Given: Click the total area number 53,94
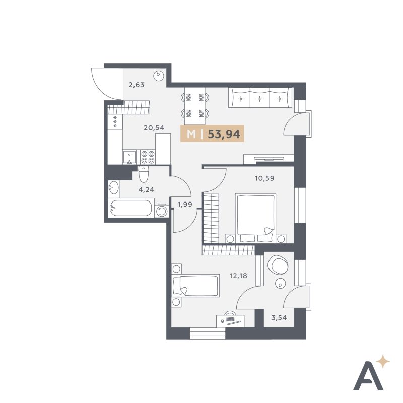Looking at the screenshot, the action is click(x=224, y=134).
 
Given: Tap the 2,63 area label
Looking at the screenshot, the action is click(x=136, y=85).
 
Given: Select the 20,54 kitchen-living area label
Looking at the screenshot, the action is click(x=154, y=128).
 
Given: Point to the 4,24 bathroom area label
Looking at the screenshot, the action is click(x=146, y=190).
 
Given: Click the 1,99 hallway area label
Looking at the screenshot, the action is click(x=185, y=205).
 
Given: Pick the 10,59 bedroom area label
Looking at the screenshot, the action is click(x=264, y=178).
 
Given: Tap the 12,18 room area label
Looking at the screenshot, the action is click(x=238, y=276).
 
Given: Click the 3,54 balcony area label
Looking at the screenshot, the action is click(x=279, y=318).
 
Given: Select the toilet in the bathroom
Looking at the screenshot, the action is click(x=143, y=174).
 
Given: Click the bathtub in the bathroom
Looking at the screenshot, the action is click(x=130, y=208).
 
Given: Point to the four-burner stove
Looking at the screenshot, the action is click(x=148, y=157).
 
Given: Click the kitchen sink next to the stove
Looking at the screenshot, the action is click(x=130, y=157).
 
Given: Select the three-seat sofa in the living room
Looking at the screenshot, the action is click(x=260, y=98).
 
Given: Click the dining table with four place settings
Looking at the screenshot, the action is click(x=195, y=106).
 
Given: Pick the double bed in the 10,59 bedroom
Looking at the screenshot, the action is click(x=255, y=218).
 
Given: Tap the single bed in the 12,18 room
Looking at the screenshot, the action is click(x=196, y=286).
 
